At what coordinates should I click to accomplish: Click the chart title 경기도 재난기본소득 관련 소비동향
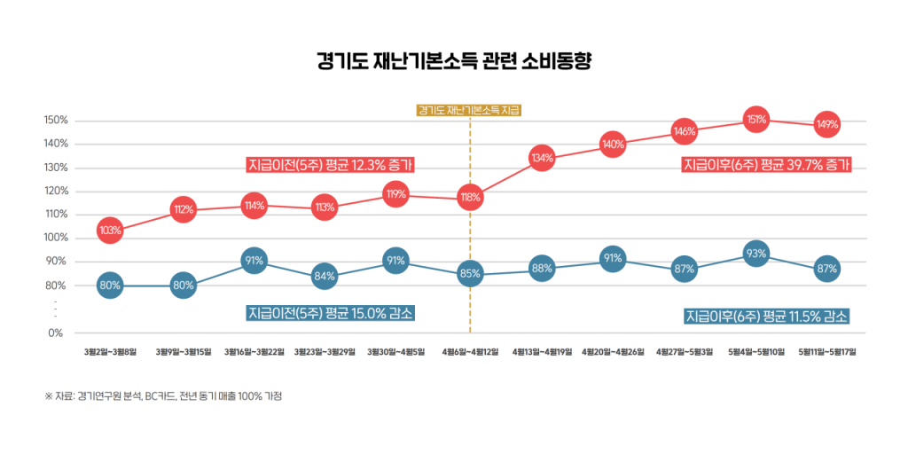[x=453, y=61]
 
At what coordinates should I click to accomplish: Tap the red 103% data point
[x=110, y=231]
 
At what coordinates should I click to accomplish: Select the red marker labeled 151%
[x=755, y=119]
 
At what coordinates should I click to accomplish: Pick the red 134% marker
[x=543, y=159]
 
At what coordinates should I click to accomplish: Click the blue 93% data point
[x=755, y=254]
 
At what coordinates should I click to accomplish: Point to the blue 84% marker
[x=325, y=276]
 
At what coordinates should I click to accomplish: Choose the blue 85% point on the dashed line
[x=470, y=274]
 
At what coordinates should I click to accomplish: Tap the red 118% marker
[x=470, y=198]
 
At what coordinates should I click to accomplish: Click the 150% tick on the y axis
[x=56, y=121]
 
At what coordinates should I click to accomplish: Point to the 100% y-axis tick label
[x=56, y=238]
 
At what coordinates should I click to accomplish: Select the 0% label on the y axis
[x=56, y=333]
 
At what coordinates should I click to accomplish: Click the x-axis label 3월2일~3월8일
[x=110, y=352]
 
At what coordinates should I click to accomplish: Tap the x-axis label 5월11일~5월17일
[x=827, y=352]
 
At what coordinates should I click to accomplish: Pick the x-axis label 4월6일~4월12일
[x=470, y=352]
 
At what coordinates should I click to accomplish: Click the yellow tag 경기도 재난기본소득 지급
[x=469, y=111]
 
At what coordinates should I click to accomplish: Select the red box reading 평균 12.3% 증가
[x=331, y=165]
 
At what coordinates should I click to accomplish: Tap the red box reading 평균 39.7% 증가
[x=767, y=164]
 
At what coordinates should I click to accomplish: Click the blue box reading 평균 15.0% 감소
[x=331, y=313]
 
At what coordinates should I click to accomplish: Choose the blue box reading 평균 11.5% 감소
[x=767, y=317]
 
